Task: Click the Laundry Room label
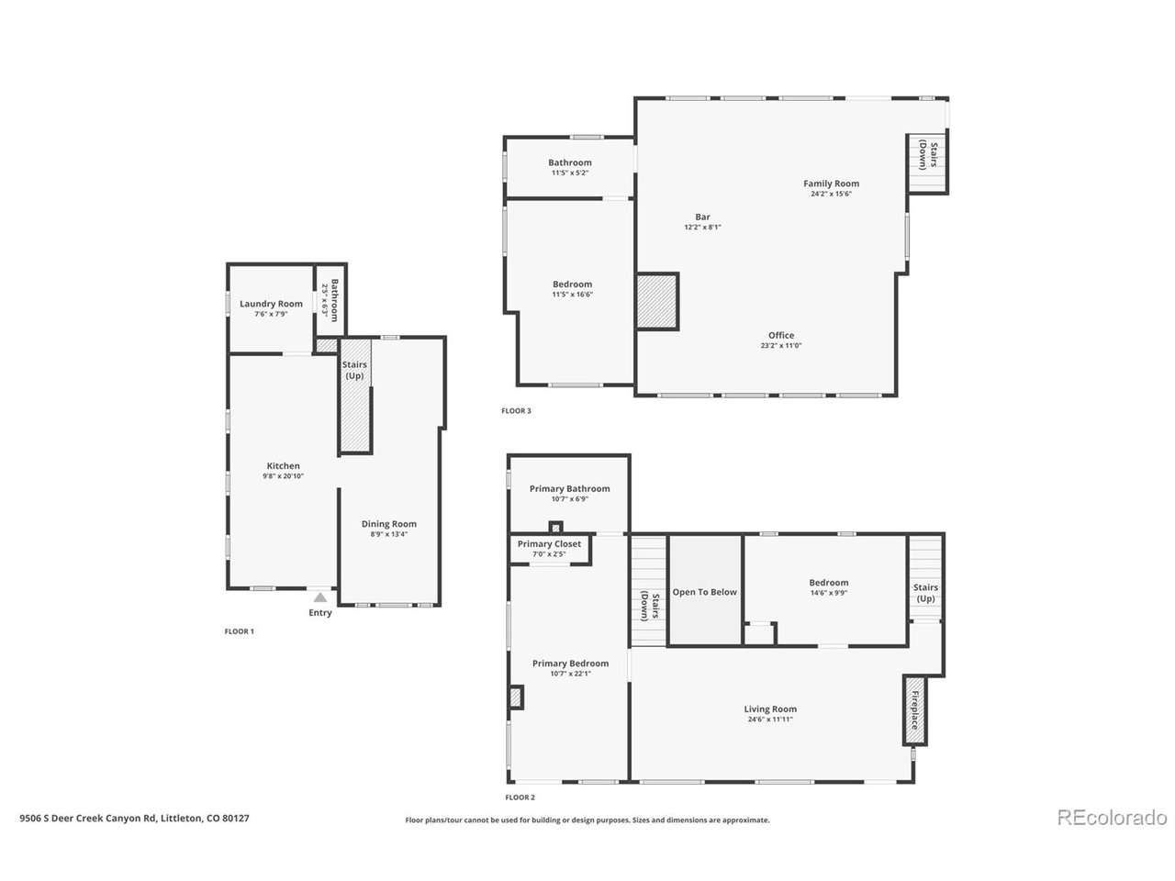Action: point(271,304)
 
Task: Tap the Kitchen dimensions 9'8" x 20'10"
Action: point(283,476)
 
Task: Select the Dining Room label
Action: point(388,524)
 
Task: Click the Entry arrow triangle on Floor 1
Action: point(319,597)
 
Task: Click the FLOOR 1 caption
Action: point(239,631)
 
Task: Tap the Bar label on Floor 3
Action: point(702,217)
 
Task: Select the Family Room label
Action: point(831,184)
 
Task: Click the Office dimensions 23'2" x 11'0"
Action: point(781,346)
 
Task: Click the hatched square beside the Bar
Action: point(657,301)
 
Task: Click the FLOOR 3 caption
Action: point(516,411)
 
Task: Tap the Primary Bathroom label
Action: point(569,489)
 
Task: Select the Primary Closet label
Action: point(549,544)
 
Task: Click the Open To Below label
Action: point(704,592)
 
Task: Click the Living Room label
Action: point(769,708)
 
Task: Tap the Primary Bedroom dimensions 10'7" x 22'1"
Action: point(570,674)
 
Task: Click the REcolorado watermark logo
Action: point(1111,818)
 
